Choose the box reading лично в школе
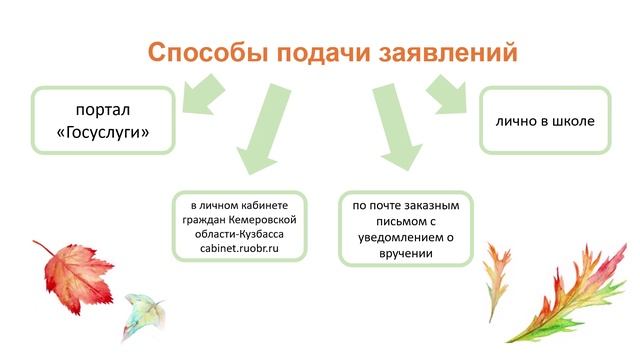point(545,121)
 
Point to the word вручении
point(405,254)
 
